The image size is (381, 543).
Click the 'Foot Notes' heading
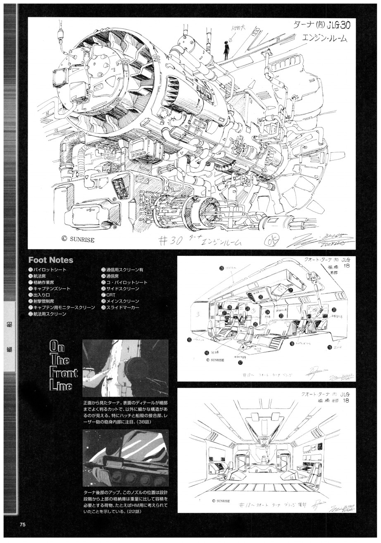(x=50, y=260)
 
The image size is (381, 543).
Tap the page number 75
(x=22, y=524)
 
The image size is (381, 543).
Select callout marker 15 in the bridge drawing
(x=189, y=340)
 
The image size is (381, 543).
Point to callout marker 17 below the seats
(x=240, y=363)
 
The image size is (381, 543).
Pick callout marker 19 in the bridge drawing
(x=330, y=347)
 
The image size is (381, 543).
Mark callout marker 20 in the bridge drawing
(x=334, y=310)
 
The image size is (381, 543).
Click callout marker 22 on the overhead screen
(x=261, y=297)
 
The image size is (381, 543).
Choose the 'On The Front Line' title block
(x=63, y=366)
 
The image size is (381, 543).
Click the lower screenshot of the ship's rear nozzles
(x=125, y=458)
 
